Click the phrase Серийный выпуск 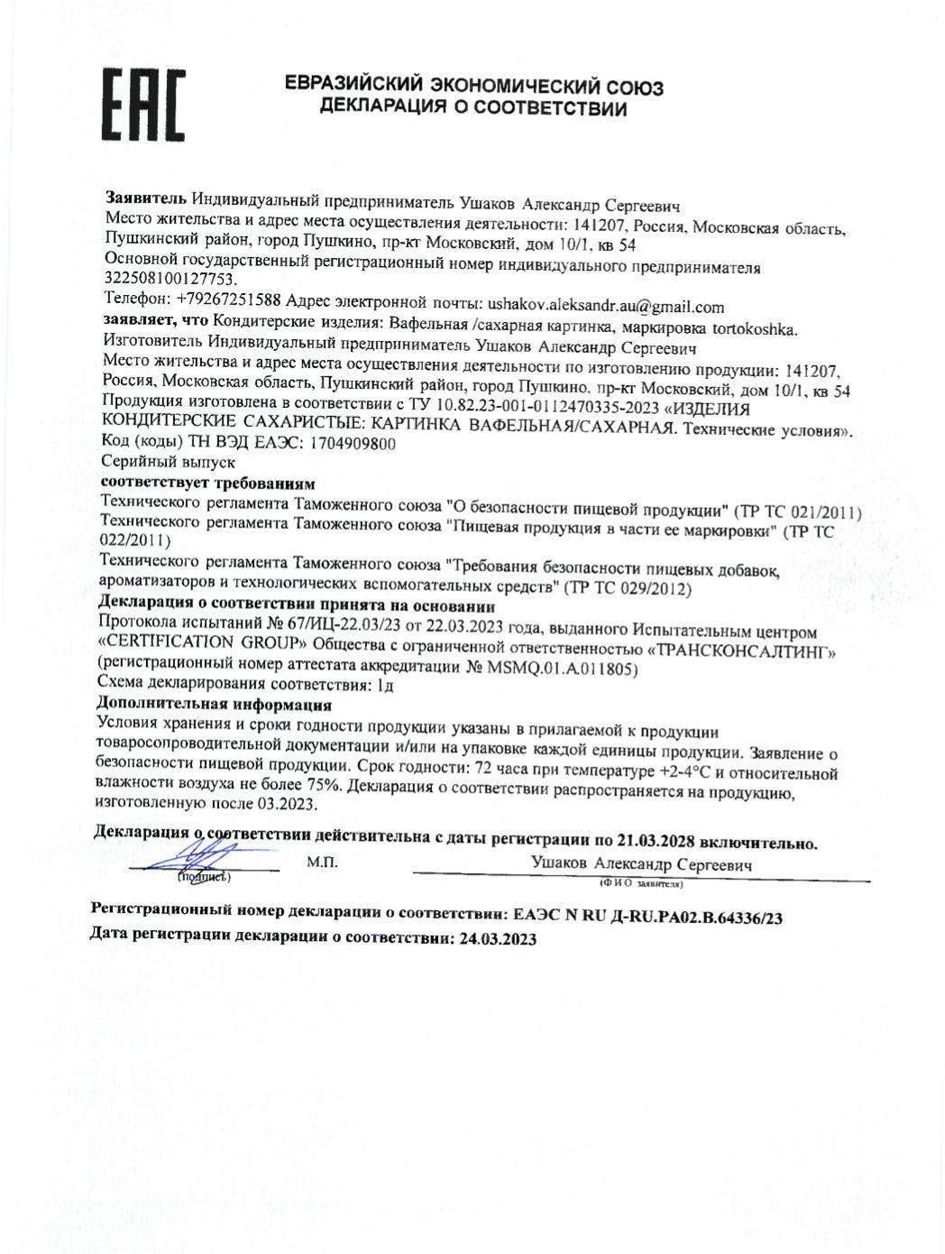(168, 462)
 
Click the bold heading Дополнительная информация (214, 704)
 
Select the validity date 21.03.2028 (655, 841)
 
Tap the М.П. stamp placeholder (322, 862)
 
